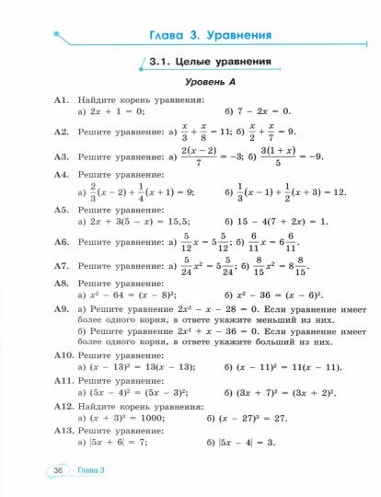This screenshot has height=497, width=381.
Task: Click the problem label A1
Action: coord(63,98)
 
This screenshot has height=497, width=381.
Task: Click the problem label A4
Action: coord(63,174)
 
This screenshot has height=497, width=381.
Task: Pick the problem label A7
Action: coord(63,265)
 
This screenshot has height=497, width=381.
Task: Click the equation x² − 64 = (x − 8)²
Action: coord(129,296)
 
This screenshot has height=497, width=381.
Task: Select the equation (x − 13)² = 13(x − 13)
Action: coord(143,366)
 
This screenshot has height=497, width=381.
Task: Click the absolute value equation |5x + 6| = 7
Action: coord(121,443)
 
